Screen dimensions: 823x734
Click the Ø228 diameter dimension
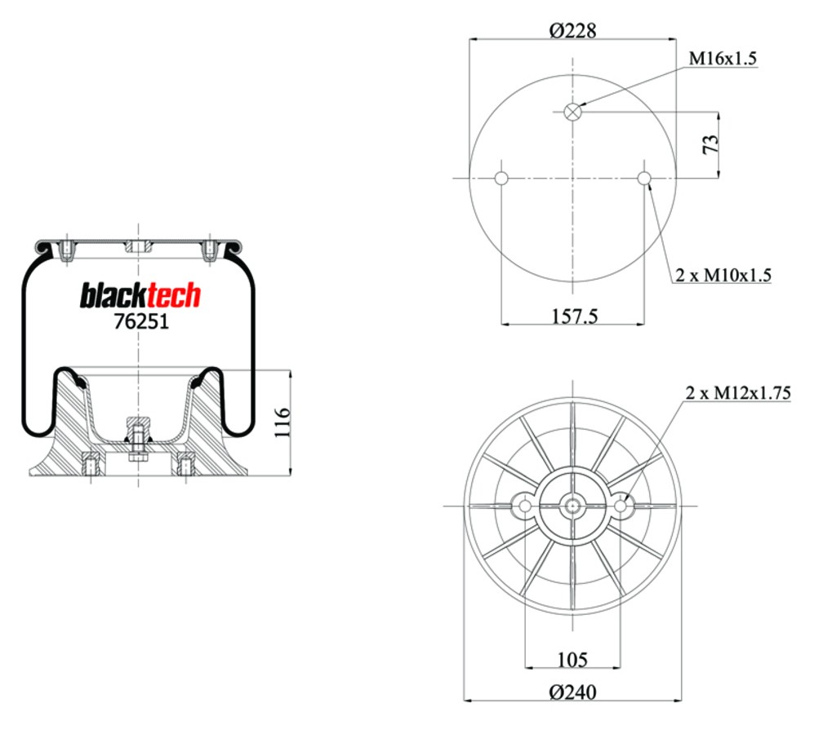coord(572,30)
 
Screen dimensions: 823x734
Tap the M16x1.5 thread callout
coord(723,58)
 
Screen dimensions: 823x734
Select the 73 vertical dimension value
coord(710,144)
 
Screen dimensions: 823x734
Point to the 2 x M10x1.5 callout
coord(723,275)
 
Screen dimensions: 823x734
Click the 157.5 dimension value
coord(575,316)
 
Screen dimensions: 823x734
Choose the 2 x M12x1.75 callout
coord(738,393)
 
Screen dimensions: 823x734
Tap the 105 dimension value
coord(572,659)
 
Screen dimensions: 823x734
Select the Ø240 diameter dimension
coord(572,692)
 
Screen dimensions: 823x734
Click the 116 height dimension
coord(282,422)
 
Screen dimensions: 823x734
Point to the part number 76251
coord(142,321)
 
